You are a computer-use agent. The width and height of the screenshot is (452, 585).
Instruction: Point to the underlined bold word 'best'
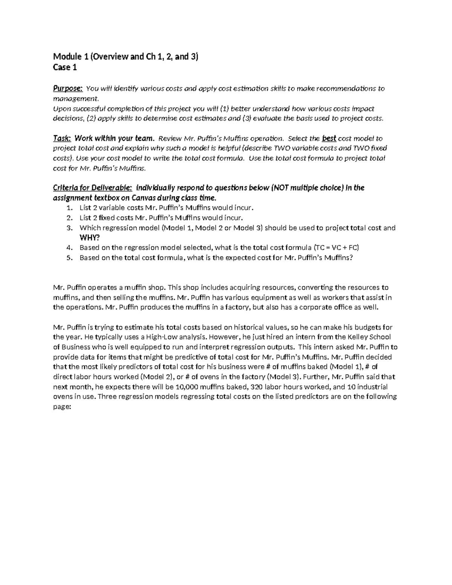tap(329, 138)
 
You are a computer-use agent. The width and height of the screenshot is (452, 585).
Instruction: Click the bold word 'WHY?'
tap(90, 238)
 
